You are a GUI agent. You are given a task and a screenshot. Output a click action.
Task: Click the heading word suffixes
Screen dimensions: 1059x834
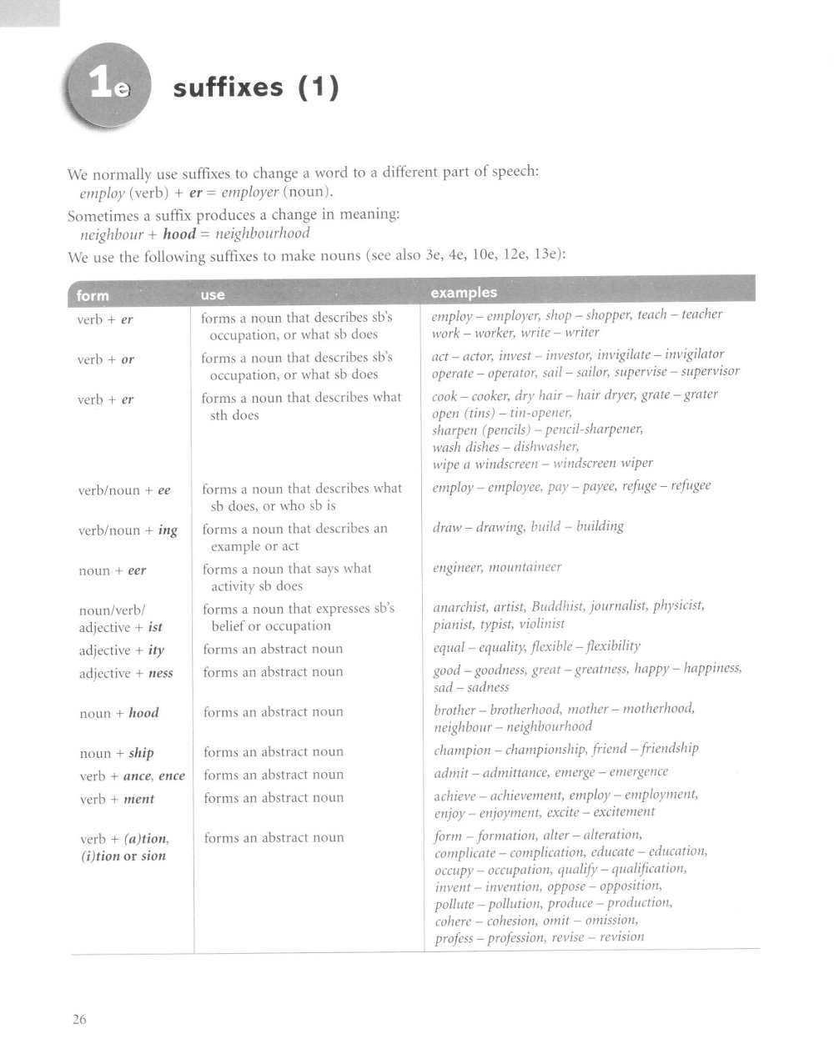tap(224, 88)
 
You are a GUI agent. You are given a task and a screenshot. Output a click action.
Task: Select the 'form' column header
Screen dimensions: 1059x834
tap(92, 294)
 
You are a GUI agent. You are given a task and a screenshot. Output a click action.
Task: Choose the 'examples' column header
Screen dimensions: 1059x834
tap(463, 292)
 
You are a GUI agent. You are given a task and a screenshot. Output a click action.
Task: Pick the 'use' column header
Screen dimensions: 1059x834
tap(213, 294)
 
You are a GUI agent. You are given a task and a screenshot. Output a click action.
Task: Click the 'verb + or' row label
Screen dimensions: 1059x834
tap(105, 359)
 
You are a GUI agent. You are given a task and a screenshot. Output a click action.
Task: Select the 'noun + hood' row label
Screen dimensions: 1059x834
tap(118, 713)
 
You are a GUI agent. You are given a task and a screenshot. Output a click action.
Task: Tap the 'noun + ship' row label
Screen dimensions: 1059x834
tap(116, 753)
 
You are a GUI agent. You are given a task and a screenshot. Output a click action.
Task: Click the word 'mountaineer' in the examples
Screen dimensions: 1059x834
tap(525, 567)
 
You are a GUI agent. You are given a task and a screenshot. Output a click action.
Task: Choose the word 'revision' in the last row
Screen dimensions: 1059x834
tap(621, 936)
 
